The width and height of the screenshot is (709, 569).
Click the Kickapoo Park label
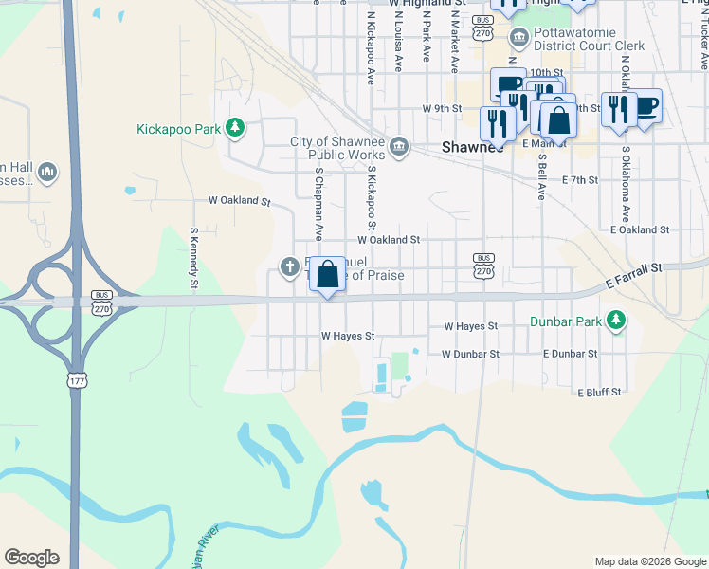178,128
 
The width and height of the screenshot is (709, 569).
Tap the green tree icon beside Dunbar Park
616,320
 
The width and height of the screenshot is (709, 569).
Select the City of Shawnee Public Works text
338,149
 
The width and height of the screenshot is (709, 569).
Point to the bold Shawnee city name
473,147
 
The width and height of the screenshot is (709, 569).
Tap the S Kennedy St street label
193,256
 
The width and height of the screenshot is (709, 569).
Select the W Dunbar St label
469,354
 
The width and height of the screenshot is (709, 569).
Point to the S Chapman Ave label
319,205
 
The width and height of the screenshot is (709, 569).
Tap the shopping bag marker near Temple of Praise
327,276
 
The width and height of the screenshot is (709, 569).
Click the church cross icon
290,266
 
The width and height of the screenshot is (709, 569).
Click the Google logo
31,558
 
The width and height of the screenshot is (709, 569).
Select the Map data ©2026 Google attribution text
650,561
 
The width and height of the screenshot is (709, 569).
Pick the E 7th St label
580,179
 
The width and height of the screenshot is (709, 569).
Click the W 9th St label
442,108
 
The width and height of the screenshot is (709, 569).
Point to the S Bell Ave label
541,176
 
